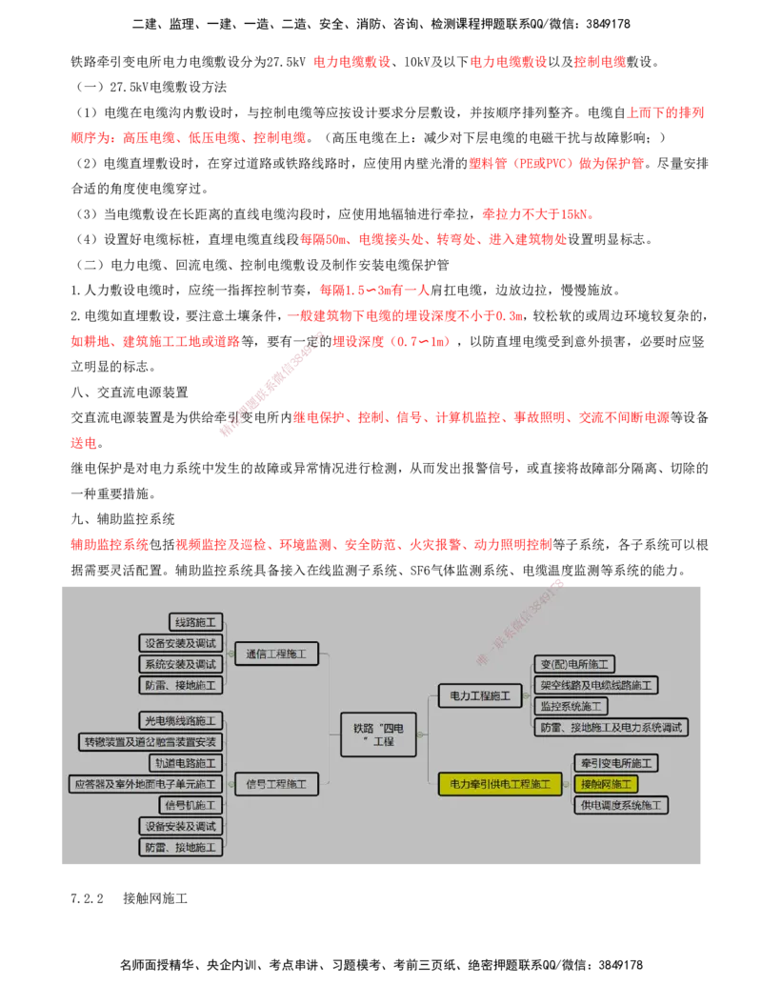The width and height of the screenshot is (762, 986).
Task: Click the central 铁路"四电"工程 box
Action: (x=378, y=734)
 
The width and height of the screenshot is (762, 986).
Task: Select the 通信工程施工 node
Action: (x=276, y=654)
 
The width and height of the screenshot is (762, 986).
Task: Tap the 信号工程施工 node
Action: (x=276, y=784)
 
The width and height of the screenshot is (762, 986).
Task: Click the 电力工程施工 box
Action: (x=480, y=696)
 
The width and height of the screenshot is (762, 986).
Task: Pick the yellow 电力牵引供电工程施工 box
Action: (x=500, y=784)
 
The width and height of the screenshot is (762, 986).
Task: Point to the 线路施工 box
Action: (x=196, y=622)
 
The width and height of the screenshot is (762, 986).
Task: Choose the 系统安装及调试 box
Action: (x=180, y=664)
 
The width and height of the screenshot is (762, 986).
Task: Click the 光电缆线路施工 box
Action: (x=180, y=720)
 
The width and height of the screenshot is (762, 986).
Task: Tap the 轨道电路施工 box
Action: (x=186, y=763)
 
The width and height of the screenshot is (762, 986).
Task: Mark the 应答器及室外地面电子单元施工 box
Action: (x=146, y=784)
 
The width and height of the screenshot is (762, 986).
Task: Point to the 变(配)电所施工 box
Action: (x=574, y=664)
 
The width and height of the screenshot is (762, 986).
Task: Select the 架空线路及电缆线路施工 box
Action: (x=596, y=685)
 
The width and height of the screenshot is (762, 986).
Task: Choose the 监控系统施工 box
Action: (x=571, y=706)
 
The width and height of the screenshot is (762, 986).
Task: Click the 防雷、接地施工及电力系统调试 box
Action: (x=611, y=727)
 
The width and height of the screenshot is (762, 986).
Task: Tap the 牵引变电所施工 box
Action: (x=616, y=763)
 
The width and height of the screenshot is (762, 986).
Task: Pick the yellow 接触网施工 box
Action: (x=606, y=784)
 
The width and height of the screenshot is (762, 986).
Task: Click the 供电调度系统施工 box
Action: (x=621, y=805)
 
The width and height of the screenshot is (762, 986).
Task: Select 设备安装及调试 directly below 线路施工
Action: (x=180, y=643)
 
